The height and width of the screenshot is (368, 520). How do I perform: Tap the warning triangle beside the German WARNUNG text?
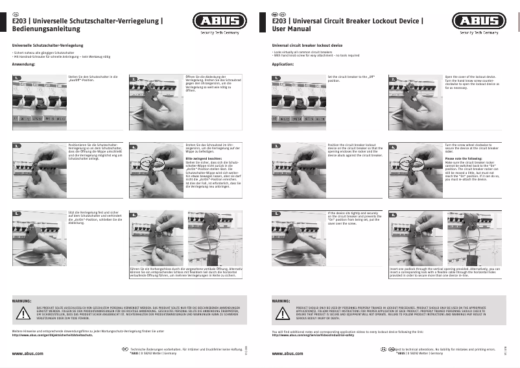click(x=23, y=312)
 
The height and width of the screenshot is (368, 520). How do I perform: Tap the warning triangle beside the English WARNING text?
click(x=283, y=312)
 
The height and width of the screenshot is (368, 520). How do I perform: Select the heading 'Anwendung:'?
click(x=23, y=65)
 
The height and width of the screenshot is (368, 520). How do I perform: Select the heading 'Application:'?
click(x=283, y=65)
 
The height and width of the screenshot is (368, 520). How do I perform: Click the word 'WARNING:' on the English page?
click(x=281, y=302)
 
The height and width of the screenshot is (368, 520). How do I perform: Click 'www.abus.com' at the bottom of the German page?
click(x=28, y=354)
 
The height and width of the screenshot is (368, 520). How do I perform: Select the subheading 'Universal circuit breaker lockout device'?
click(x=307, y=45)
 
